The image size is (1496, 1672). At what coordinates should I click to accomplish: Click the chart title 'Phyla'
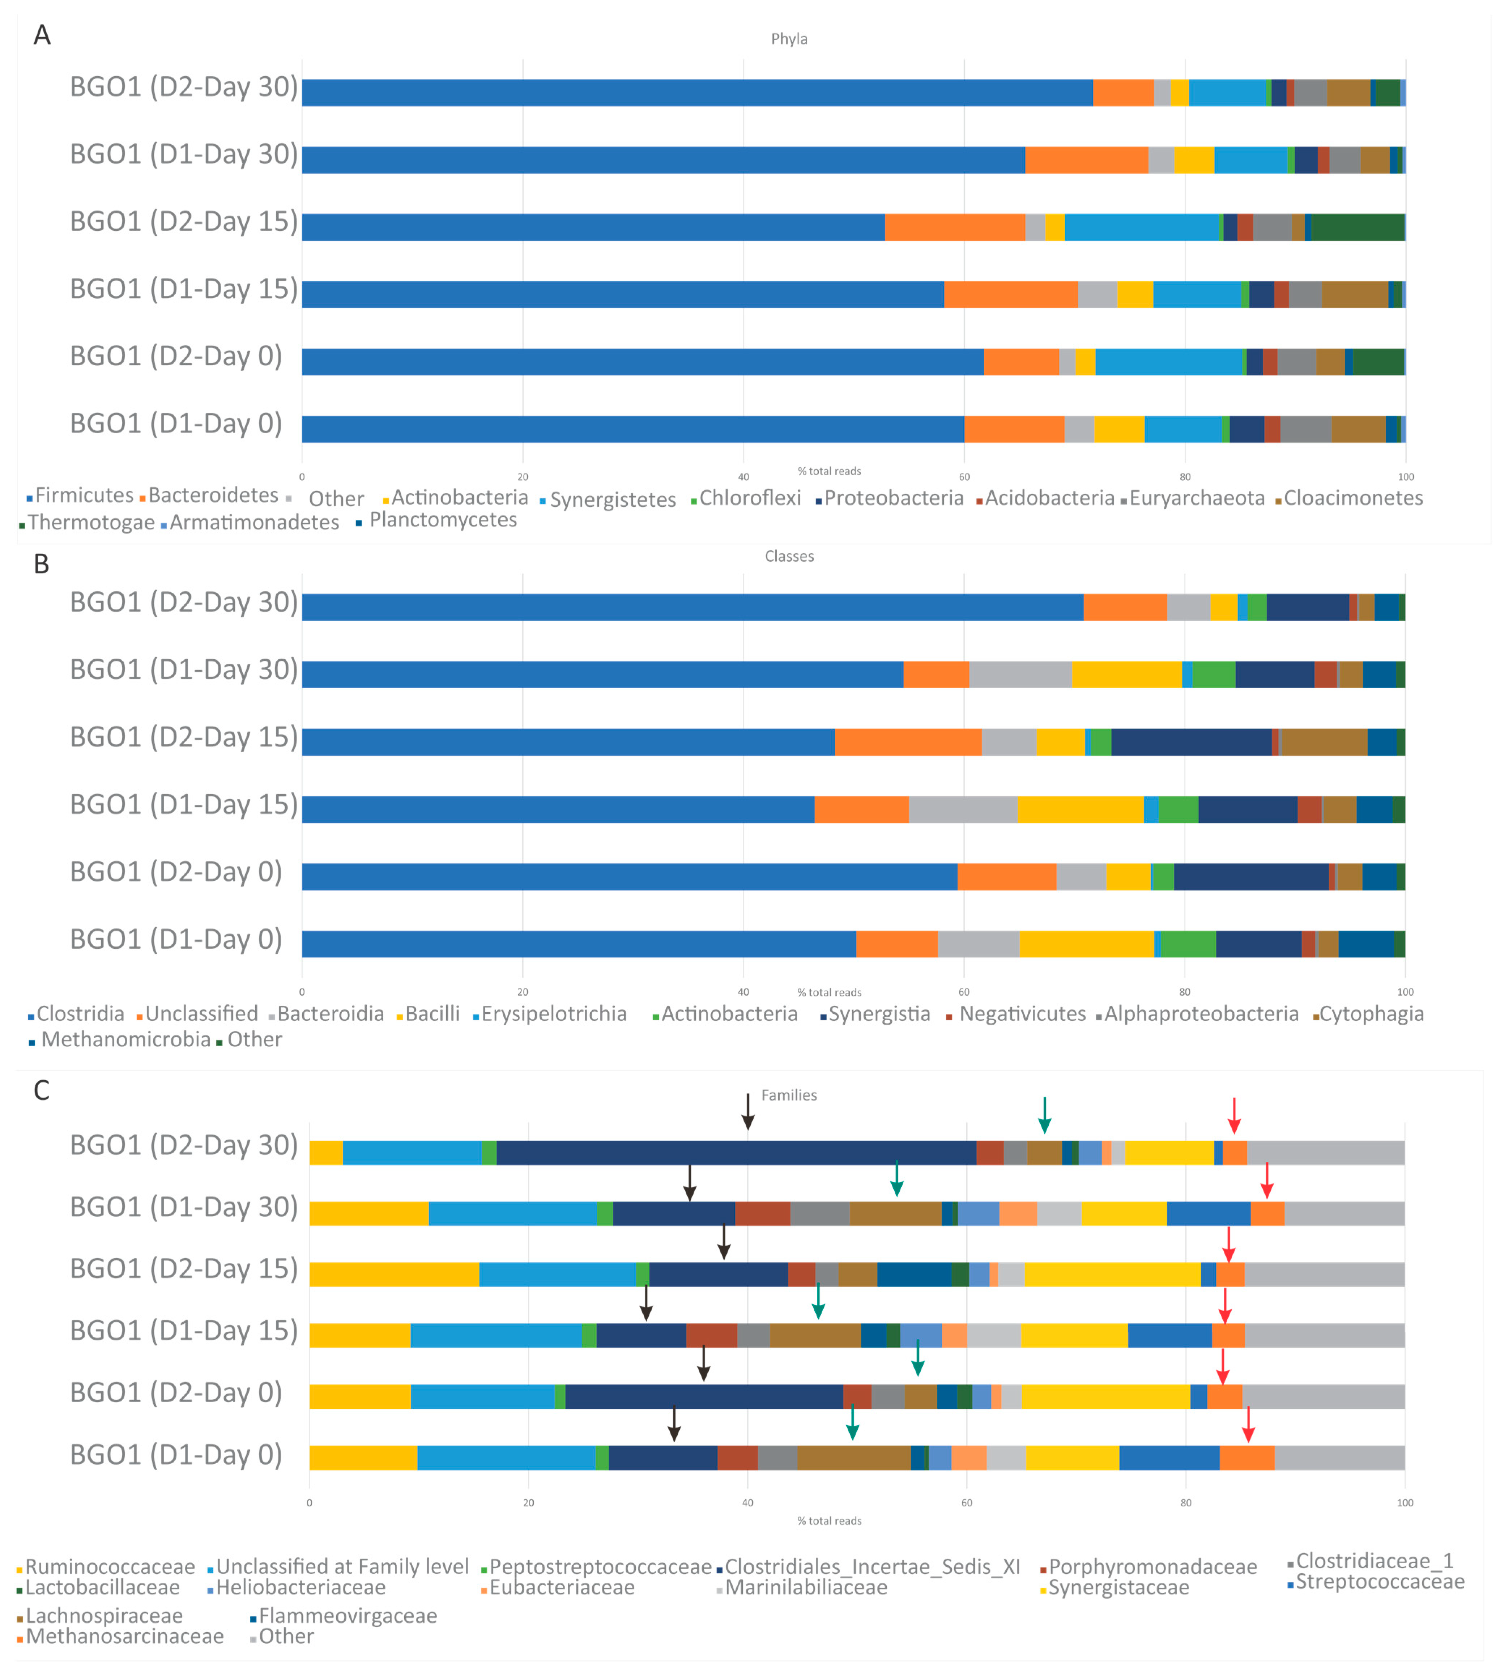tap(789, 39)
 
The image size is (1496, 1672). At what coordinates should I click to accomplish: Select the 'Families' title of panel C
tap(789, 1095)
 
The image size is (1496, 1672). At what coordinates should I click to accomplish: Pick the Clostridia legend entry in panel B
tap(80, 1013)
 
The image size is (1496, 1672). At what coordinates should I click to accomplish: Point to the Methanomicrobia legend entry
tap(125, 1040)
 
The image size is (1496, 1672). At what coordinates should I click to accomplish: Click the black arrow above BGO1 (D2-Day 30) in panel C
tap(748, 1111)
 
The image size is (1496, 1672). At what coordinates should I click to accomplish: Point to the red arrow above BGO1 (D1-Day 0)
tap(1248, 1424)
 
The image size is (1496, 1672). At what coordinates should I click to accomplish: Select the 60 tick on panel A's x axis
tap(964, 477)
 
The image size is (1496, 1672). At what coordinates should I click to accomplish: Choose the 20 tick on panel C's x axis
tap(529, 1503)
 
